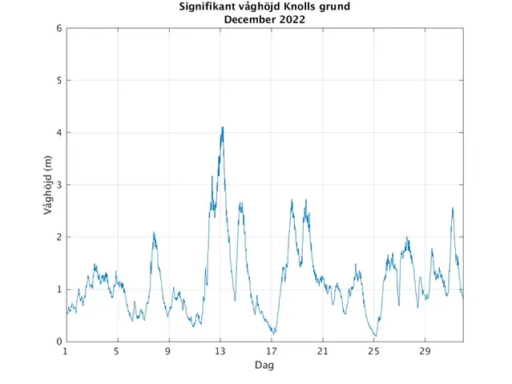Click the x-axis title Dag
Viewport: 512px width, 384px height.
pos(264,365)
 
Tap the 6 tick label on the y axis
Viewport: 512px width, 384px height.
pos(58,29)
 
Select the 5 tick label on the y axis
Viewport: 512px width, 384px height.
pos(58,81)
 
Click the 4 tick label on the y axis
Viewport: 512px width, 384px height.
pos(58,133)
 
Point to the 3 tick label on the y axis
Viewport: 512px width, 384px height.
pos(58,185)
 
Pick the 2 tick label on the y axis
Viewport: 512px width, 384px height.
pos(58,237)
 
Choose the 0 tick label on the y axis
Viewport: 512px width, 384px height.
pos(58,342)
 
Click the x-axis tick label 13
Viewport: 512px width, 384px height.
pos(220,351)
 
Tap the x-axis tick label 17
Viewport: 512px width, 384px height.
pos(271,351)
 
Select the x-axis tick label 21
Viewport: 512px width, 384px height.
pos(322,351)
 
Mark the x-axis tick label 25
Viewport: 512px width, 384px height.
pos(373,351)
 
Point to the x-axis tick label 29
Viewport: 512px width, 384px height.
pos(425,351)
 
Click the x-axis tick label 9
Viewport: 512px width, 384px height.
pos(168,351)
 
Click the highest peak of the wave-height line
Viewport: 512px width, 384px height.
pos(222,127)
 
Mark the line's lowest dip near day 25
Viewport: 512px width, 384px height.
pos(375,336)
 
